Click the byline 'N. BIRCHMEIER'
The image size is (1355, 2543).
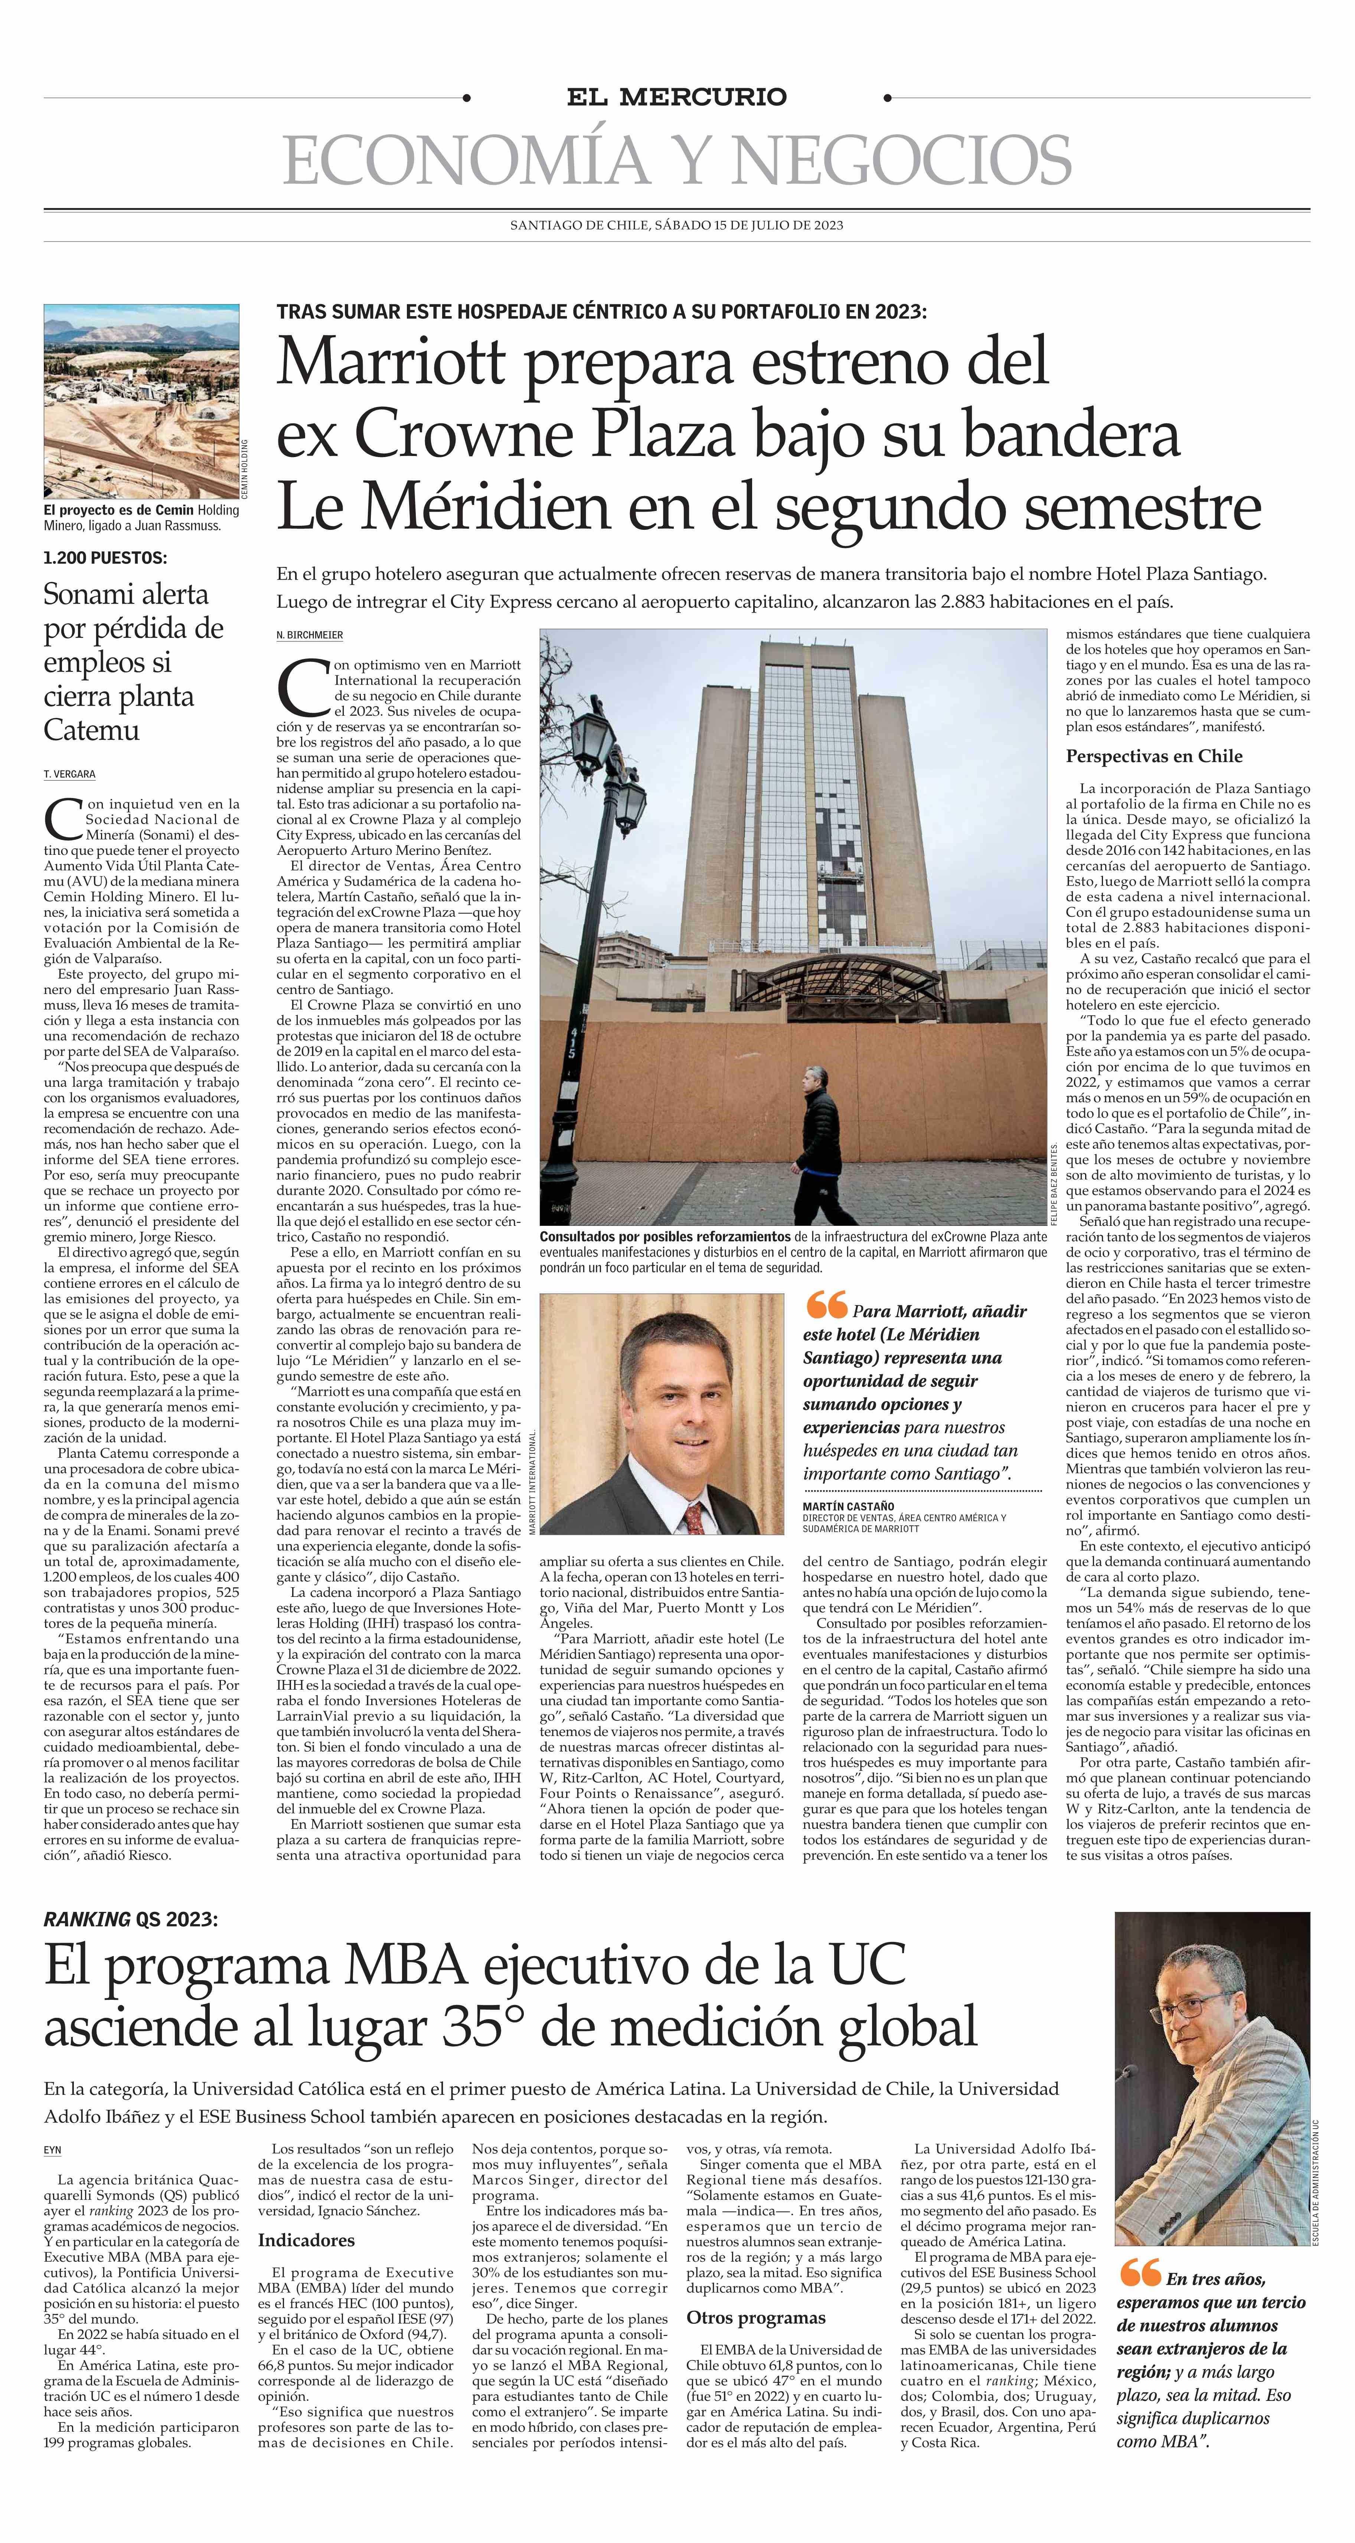[x=309, y=635]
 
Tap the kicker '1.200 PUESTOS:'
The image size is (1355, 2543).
[x=105, y=558]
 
